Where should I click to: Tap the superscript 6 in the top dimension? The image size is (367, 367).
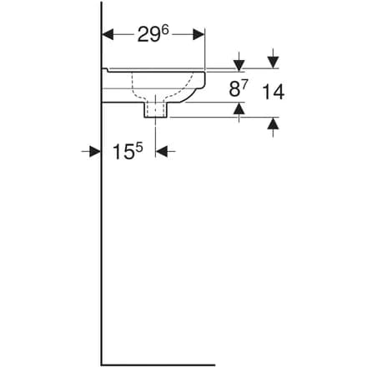tap(167, 29)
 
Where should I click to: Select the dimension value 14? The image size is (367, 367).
tap(272, 92)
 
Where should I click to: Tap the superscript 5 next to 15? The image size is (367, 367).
tap(140, 147)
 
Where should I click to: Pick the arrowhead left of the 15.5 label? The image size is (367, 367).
tap(95, 151)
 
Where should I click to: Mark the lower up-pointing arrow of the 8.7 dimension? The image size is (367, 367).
tap(239, 108)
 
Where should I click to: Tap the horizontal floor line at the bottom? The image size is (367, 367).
tap(158, 364)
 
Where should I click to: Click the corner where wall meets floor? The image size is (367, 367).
tap(102, 364)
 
